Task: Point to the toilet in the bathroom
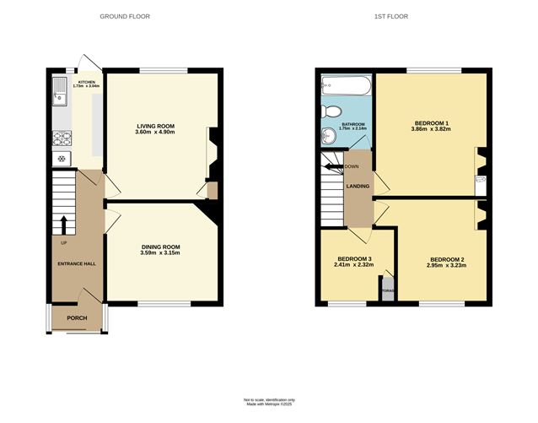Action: (x=333, y=111)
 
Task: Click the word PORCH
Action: (x=77, y=318)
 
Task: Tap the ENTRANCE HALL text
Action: (x=77, y=263)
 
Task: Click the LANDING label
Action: (x=358, y=186)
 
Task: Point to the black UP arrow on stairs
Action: (x=64, y=225)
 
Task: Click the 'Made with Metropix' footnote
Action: (x=269, y=404)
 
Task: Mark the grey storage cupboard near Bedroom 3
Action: (x=388, y=290)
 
